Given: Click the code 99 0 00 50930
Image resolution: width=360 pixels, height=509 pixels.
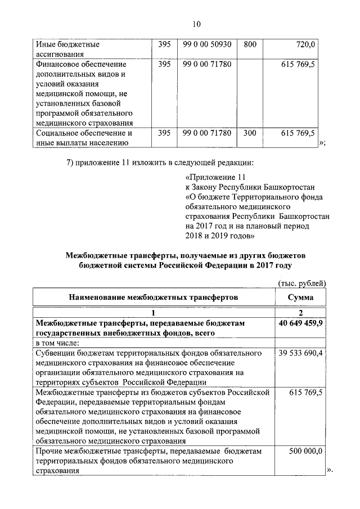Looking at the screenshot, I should pos(207,44).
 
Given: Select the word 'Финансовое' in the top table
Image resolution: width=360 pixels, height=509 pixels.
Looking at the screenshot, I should pos(59,65).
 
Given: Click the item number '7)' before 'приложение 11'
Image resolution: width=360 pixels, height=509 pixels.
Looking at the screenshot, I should pos(71,163).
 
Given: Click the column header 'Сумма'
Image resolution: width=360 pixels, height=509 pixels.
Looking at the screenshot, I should pos(300,297).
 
